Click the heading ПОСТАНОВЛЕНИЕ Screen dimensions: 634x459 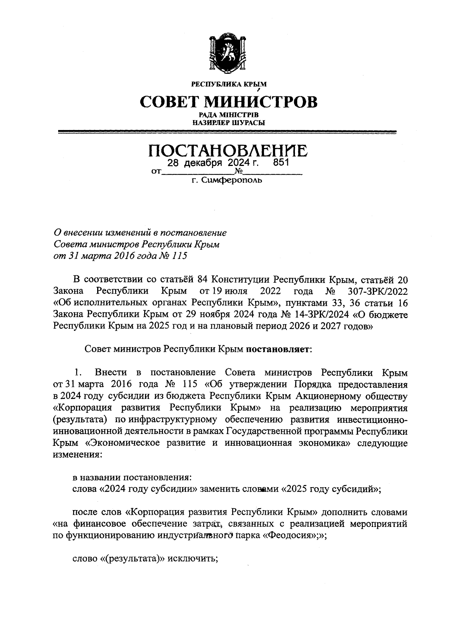(x=228, y=151)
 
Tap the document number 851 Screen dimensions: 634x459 (x=280, y=163)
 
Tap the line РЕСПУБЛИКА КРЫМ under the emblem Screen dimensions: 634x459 (x=229, y=84)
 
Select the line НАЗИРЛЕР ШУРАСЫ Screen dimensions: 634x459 (x=229, y=123)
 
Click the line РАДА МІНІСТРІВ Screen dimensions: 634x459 (x=229, y=115)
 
